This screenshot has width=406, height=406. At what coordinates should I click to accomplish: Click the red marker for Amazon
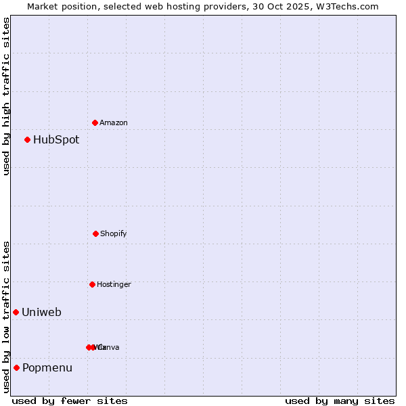[95, 122]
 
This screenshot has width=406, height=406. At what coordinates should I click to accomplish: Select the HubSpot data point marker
[28, 140]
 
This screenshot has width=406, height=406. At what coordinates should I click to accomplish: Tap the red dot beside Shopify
[95, 233]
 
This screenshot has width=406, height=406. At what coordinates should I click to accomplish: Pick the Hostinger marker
[92, 284]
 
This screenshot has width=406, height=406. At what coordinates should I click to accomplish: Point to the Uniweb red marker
[16, 312]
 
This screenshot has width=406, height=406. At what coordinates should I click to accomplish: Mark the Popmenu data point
[16, 367]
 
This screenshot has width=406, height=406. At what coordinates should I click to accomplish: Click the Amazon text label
[114, 122]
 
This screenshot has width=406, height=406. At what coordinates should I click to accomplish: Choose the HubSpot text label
[56, 140]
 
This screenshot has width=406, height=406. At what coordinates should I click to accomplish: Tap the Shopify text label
[114, 233]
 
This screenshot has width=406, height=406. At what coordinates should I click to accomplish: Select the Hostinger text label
[114, 284]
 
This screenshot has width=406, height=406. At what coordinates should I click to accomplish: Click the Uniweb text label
[41, 312]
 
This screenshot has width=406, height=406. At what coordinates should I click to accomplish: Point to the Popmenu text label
[47, 368]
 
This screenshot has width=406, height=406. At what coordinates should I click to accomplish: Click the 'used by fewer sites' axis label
[70, 401]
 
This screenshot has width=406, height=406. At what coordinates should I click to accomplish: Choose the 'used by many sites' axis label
[340, 401]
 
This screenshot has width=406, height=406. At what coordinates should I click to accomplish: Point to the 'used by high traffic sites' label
[6, 96]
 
